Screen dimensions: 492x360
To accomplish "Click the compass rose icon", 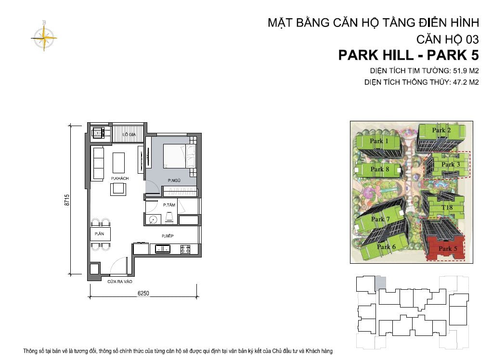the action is coord(44,38).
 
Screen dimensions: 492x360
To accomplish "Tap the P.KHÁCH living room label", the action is coord(120,179).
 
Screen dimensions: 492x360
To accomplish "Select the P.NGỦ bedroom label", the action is coord(174,180).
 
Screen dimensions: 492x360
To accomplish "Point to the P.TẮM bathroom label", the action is coord(169,205).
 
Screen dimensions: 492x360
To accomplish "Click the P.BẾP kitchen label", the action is coord(168,236).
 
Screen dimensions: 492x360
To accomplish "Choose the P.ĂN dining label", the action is coord(99,234).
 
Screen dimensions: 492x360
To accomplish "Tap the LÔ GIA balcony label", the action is coord(129,134).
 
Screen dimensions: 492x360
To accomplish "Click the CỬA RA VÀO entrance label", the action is coord(120,282).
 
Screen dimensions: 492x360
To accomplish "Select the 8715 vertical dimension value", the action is coord(66,200).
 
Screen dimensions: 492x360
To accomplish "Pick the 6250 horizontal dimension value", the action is coord(143,293).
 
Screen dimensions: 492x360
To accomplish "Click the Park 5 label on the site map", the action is coord(448,249).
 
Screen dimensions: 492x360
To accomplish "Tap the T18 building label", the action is coord(447,207).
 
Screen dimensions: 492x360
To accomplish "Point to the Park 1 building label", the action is coord(379,141).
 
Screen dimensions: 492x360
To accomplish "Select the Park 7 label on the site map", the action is coord(380,219).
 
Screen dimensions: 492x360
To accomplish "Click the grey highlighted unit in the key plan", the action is coord(381,283).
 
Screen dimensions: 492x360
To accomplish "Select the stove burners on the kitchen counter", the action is coord(185,249).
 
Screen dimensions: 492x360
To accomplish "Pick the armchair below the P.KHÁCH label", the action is coord(118,189).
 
